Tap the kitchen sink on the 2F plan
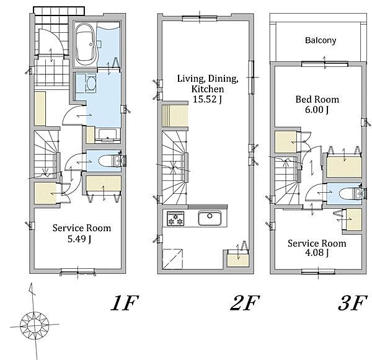pos(210,218)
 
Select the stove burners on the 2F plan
pos(175,219)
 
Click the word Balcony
pos(321,40)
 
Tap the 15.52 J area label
pos(207,99)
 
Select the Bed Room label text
pos(317,99)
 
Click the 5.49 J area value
pos(79,239)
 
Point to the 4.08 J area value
pos(317,253)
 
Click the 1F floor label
pos(125,303)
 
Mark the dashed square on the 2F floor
pos(173,259)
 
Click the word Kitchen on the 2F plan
pos(207,89)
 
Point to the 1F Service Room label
pos(82,228)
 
